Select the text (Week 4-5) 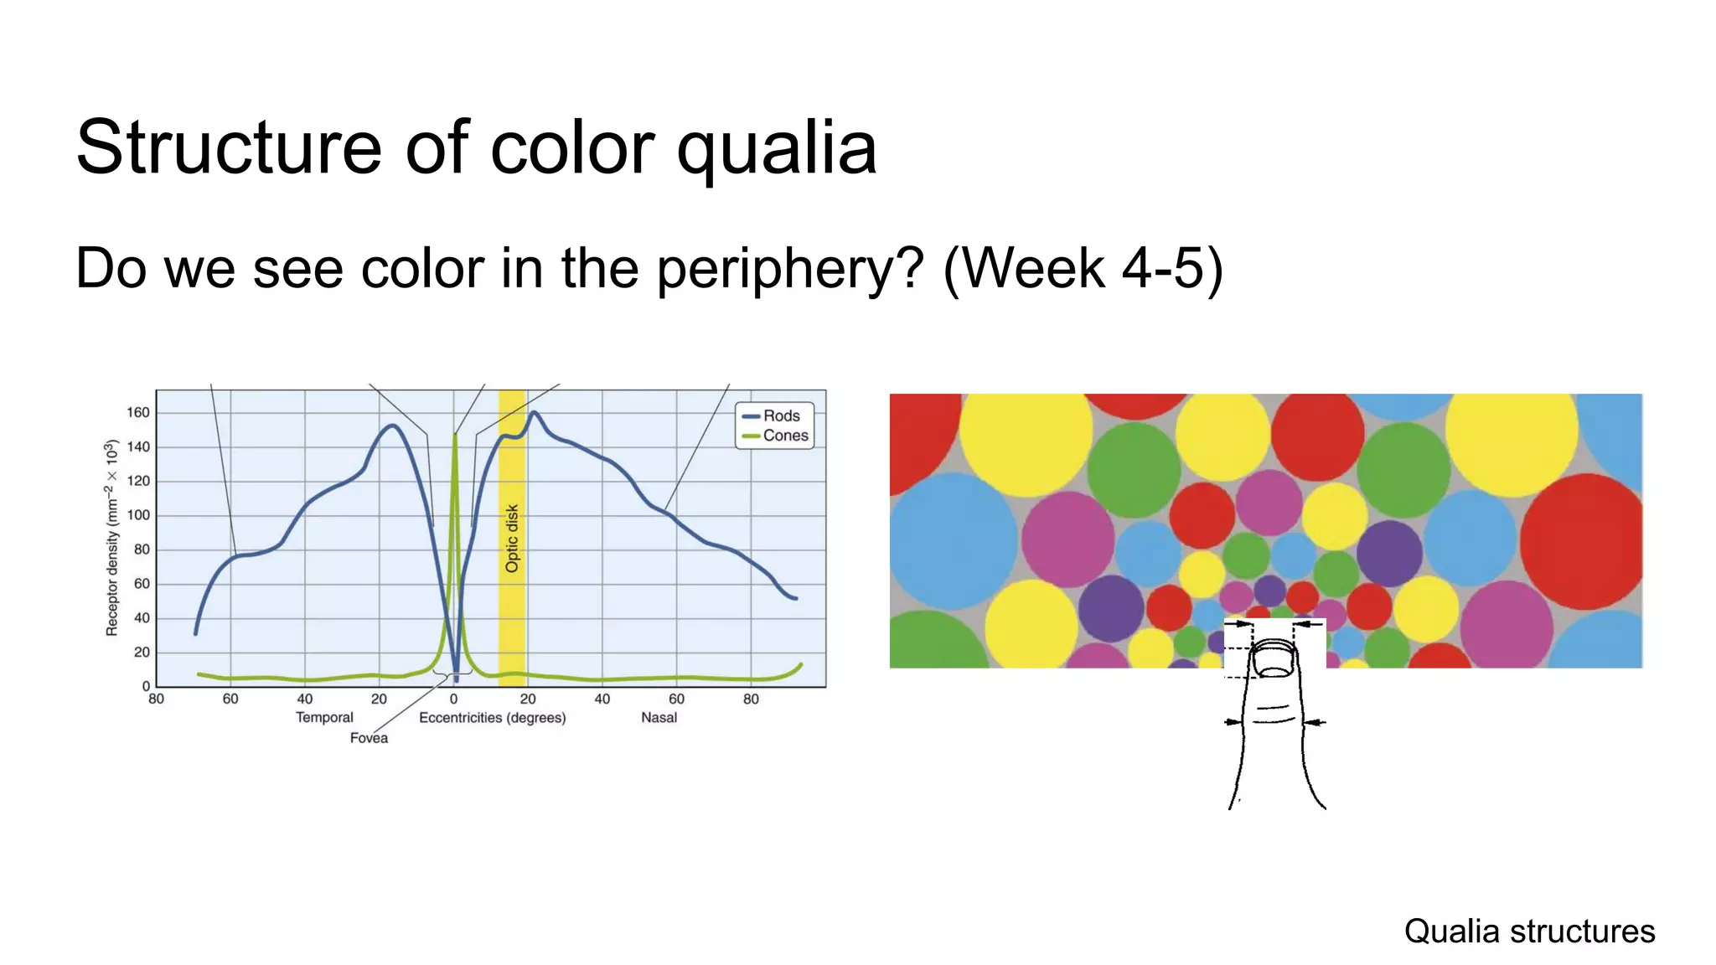pos(1083,269)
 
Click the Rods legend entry pos(780,415)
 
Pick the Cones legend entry pos(784,436)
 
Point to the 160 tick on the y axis pos(138,412)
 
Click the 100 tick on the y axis pos(138,515)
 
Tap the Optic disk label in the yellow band pos(512,539)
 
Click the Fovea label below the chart pos(369,738)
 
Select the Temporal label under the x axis pos(324,718)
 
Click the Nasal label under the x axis pos(659,718)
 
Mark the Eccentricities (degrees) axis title pos(492,718)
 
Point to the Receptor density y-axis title pos(111,538)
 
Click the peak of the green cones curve pos(455,435)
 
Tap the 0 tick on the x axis pos(453,699)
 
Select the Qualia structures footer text pos(1529,931)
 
